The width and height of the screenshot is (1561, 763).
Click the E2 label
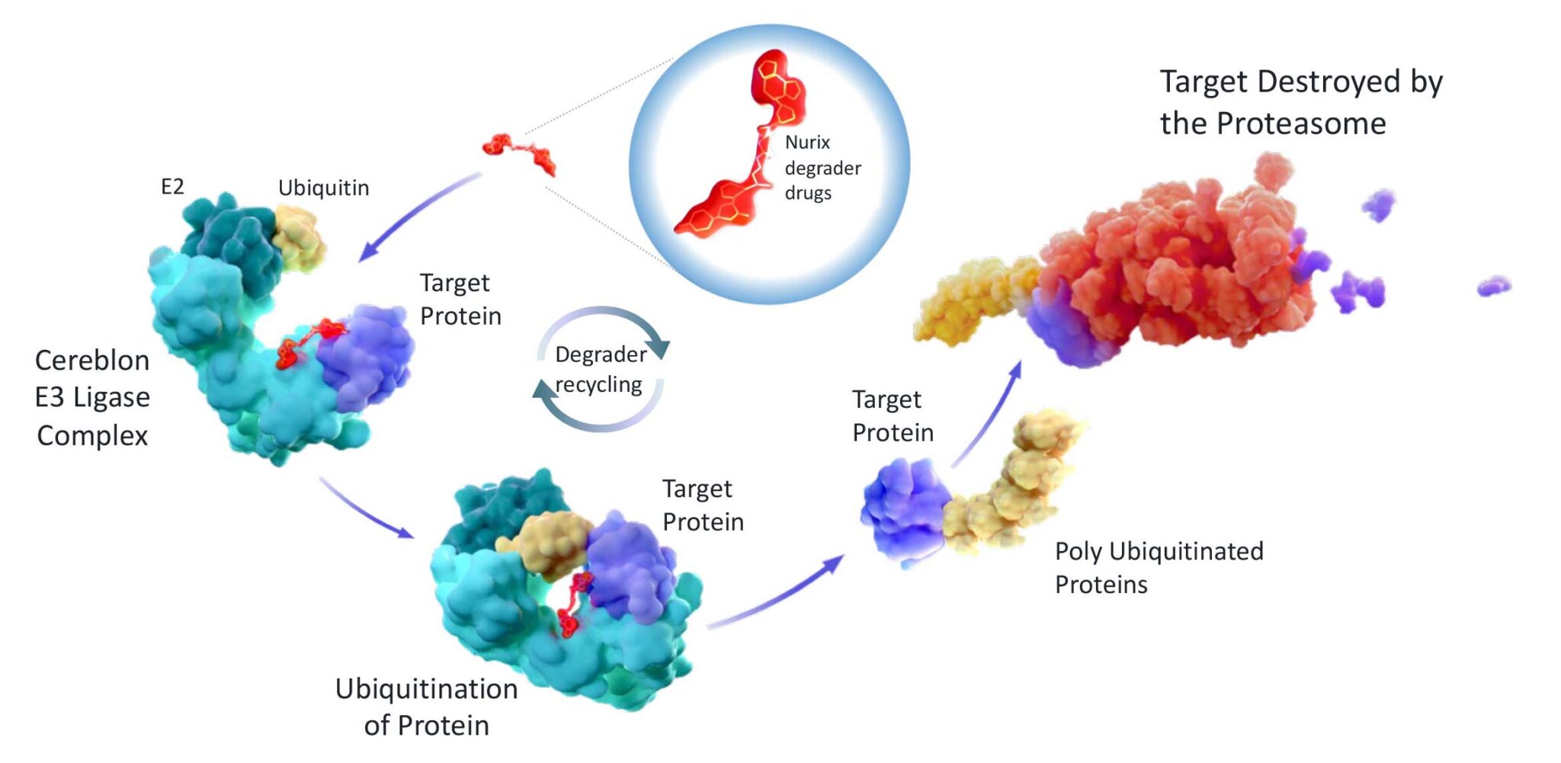point(172,187)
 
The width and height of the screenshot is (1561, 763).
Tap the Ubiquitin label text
point(323,188)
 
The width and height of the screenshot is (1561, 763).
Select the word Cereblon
point(92,361)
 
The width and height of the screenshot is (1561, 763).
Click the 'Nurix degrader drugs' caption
point(822,168)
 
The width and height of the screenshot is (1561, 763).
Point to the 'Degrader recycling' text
point(600,370)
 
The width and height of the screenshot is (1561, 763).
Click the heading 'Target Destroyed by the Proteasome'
point(1300,102)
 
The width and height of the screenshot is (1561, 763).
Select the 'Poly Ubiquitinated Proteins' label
point(1159,567)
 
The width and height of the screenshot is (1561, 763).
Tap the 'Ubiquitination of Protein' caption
point(426,707)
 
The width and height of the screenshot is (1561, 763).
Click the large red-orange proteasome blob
point(1174,267)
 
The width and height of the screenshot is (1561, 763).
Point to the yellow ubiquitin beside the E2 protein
point(299,238)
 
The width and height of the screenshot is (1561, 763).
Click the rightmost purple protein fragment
point(1493,287)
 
